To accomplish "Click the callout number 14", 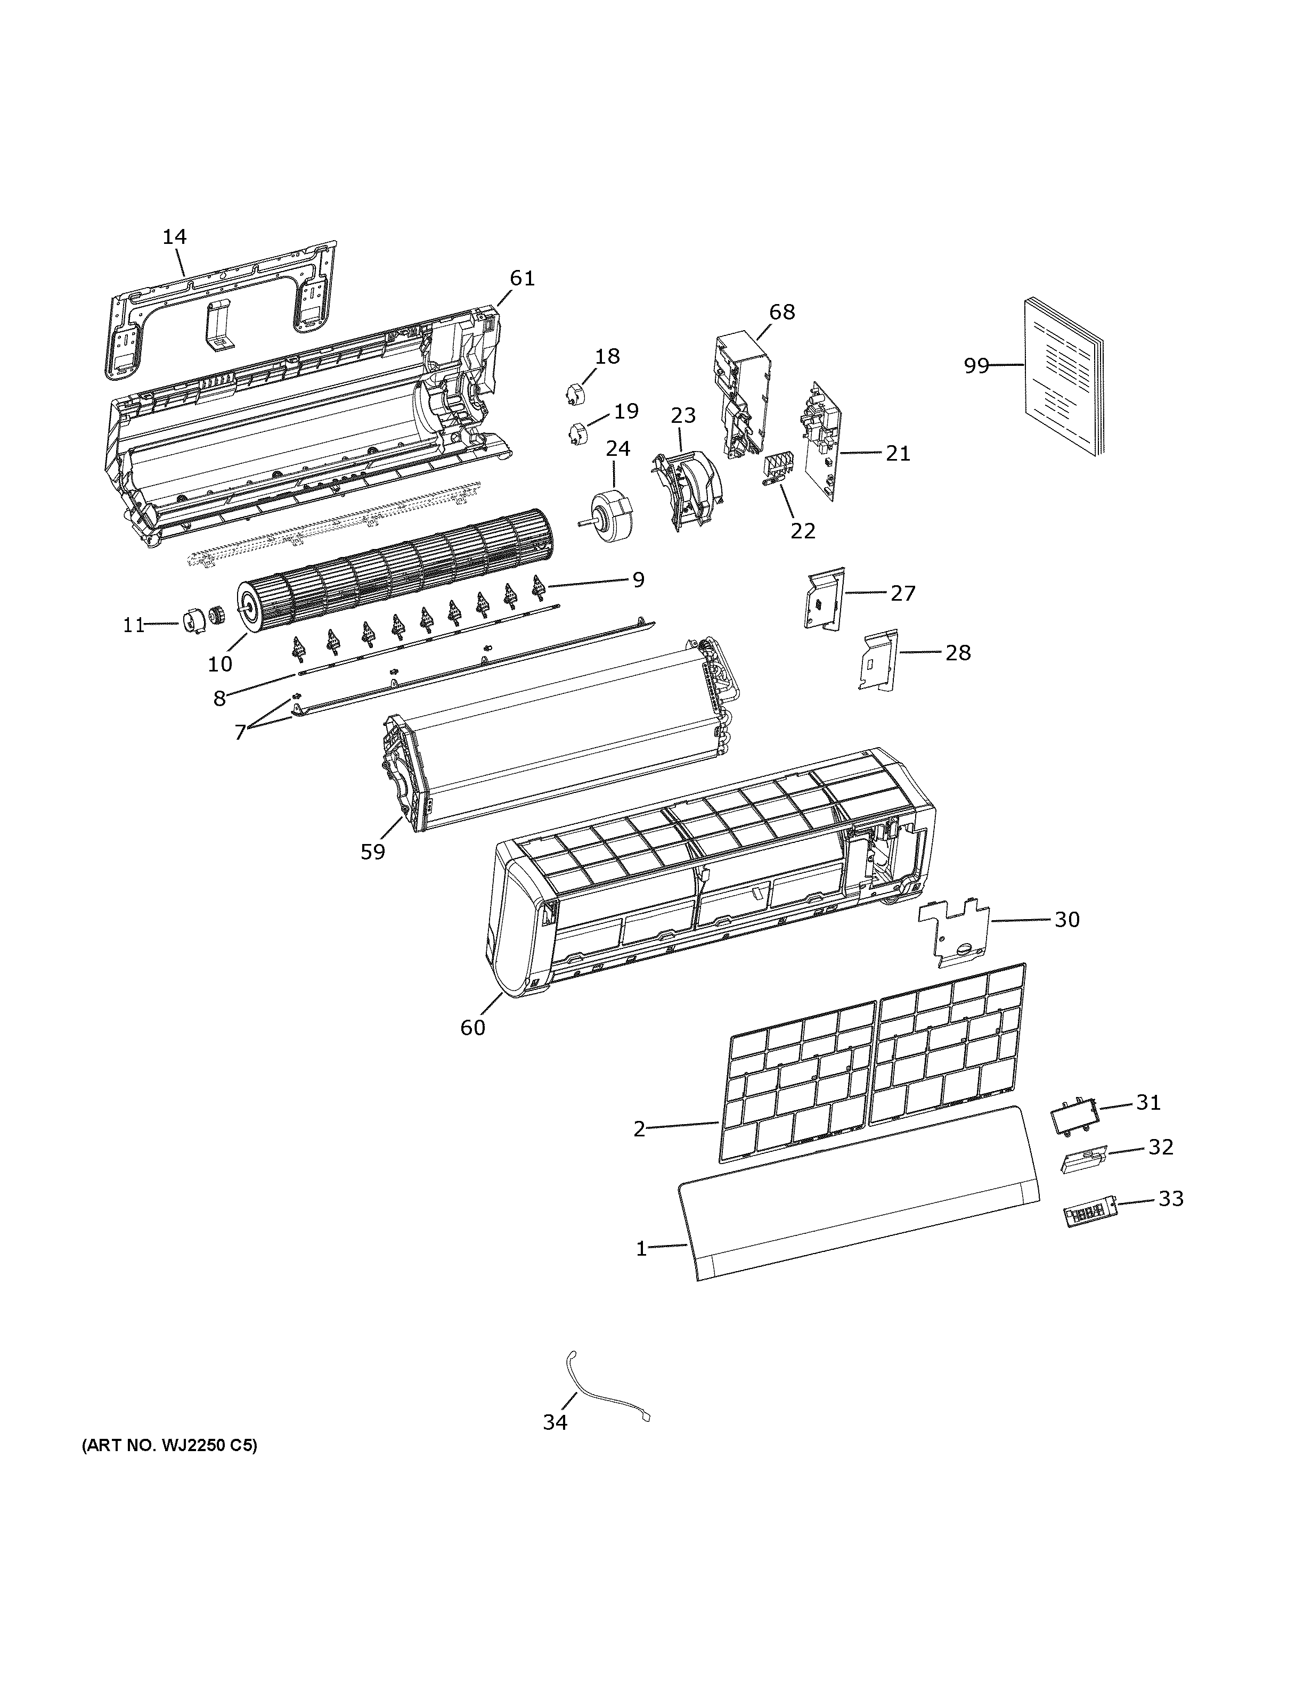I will pyautogui.click(x=175, y=236).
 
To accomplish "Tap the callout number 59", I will pyautogui.click(x=372, y=852).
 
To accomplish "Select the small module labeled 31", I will pyautogui.click(x=1074, y=1118).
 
